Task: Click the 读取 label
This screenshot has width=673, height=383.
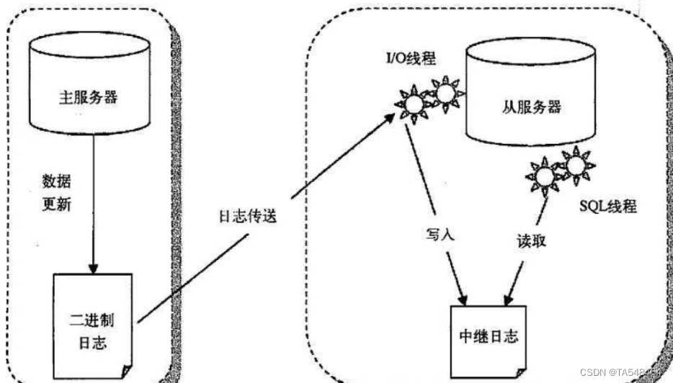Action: (531, 239)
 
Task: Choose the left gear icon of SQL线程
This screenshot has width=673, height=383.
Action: (545, 176)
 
